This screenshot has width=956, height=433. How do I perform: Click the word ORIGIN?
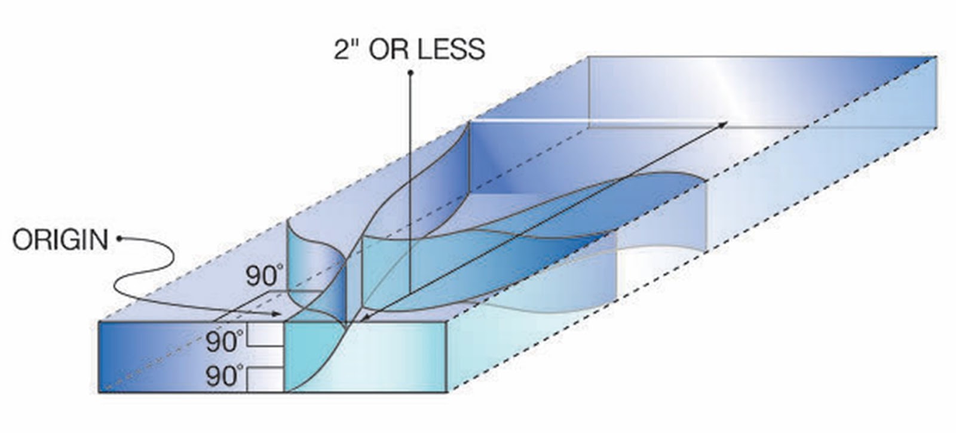point(60,240)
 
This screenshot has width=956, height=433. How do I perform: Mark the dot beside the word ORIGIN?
point(119,239)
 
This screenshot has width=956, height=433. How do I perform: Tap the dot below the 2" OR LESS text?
point(410,73)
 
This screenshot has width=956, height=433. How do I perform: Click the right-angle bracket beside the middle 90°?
point(264,336)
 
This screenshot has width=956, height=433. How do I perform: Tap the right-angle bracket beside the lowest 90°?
point(264,379)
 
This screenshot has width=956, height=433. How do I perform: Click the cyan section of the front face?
point(364,357)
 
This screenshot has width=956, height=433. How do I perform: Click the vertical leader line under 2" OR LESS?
point(410,179)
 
